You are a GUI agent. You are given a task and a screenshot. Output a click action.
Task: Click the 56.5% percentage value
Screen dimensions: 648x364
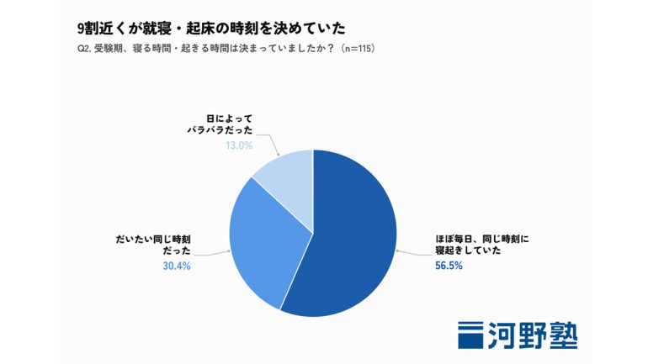[449, 266]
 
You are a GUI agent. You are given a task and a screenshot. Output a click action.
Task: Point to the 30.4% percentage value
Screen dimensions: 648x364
[177, 266]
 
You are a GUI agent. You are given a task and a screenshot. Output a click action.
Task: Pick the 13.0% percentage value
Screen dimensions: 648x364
[239, 145]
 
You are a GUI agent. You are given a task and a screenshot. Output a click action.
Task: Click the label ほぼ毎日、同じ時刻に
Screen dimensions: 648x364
[482, 239]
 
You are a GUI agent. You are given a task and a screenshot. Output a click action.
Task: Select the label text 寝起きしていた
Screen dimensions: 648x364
[468, 251]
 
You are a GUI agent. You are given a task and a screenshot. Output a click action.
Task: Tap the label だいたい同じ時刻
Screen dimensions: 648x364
[153, 240]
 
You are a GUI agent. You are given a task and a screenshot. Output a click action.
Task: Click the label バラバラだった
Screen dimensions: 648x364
[220, 130]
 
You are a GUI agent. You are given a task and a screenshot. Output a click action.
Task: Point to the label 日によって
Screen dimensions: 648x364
[230, 119]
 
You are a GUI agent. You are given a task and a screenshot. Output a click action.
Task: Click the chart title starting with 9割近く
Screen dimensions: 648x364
[211, 28]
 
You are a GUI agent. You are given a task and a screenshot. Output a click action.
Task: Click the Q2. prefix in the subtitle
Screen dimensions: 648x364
[84, 49]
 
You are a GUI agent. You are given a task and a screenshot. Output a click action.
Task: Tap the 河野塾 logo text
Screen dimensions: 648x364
[533, 335]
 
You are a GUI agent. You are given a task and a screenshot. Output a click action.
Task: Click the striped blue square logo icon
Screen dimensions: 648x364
[470, 335]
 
